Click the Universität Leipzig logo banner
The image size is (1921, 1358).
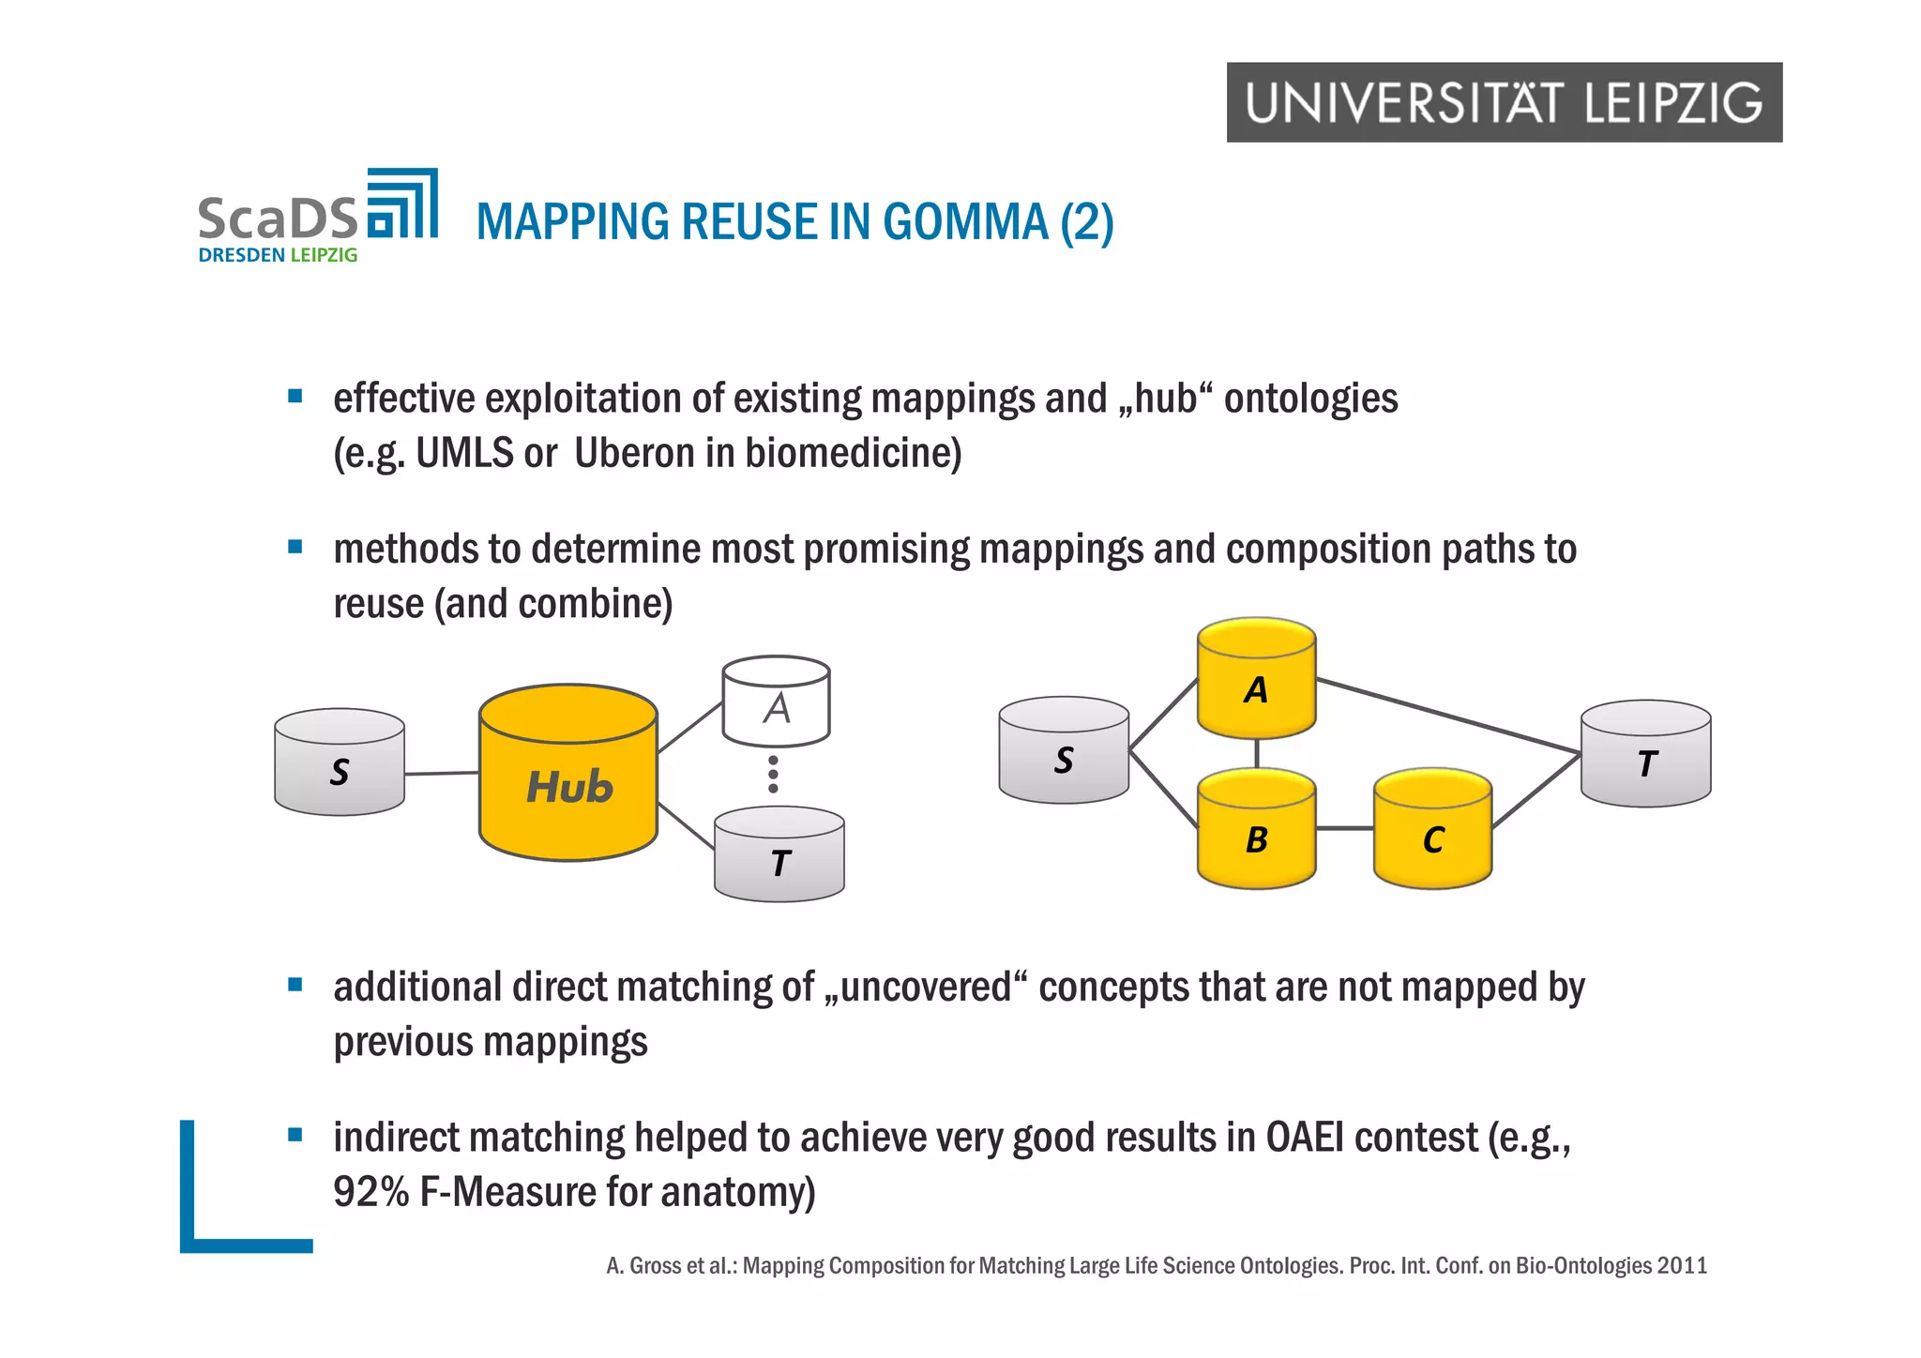pos(1504,102)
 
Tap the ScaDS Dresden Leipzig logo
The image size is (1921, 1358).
pos(317,217)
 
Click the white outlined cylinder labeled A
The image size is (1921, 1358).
pos(776,702)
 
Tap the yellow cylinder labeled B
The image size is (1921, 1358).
pos(1256,830)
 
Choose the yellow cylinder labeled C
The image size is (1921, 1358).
pos(1432,830)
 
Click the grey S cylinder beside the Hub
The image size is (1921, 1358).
pos(340,763)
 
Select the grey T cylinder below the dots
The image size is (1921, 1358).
pos(779,855)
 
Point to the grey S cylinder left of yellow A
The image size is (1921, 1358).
pos(1064,751)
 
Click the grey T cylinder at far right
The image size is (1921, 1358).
pos(1645,755)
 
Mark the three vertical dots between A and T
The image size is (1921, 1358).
pos(773,775)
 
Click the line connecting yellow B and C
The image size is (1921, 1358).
pos(1344,828)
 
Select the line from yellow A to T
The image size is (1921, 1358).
pos(1448,716)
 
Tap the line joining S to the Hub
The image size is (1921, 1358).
pos(442,774)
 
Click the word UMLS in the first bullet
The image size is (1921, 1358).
pos(465,454)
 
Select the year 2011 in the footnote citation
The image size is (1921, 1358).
pos(1682,1266)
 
